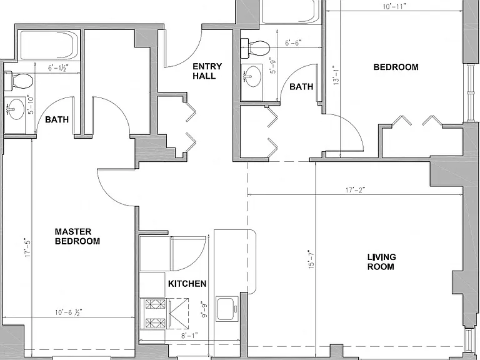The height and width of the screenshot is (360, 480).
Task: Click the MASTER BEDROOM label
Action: [77, 236]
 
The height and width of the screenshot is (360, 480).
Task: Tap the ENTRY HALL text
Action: [207, 71]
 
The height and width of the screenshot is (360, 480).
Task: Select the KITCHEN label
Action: [187, 284]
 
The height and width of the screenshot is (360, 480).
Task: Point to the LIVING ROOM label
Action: [381, 262]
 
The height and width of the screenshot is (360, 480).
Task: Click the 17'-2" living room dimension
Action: [356, 190]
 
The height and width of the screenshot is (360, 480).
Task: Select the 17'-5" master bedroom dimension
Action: [28, 247]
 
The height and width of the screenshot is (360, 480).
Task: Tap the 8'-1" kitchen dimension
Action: [190, 336]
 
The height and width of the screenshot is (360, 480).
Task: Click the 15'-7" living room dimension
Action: [311, 259]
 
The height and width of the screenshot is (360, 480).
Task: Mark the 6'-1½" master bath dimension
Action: [58, 67]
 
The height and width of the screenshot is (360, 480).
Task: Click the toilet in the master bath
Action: [18, 81]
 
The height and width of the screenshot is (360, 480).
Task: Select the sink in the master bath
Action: [15, 109]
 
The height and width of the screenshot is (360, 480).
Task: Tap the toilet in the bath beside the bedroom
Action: [255, 47]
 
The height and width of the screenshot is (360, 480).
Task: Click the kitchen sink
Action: [227, 309]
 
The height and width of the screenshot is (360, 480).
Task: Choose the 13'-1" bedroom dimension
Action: [336, 75]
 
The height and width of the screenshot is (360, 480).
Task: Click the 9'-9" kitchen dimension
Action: [204, 310]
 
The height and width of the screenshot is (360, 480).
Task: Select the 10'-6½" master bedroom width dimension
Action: [69, 312]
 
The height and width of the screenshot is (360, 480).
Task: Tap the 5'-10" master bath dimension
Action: [31, 104]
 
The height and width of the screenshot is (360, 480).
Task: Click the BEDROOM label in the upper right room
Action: [396, 67]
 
